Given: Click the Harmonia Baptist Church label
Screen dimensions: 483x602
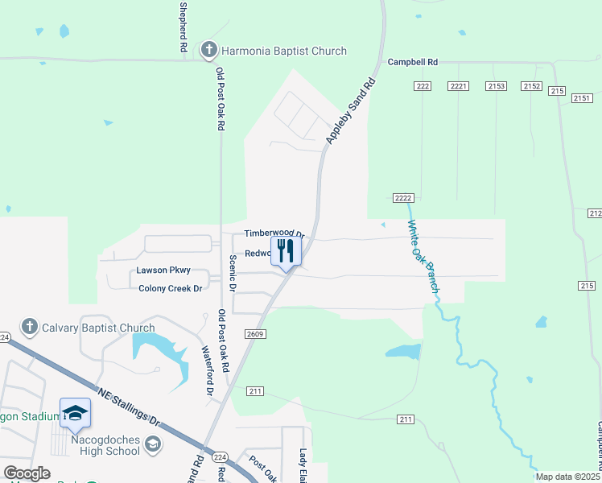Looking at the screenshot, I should pos(283,51).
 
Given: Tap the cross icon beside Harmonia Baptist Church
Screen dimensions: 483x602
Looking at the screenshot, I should pos(208,51).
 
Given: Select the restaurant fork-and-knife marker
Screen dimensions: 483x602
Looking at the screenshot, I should pos(286,251).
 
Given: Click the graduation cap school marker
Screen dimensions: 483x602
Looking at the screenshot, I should pos(75,413).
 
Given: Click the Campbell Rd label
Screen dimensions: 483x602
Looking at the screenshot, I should pos(412,61).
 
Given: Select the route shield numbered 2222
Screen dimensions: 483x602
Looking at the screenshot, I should pos(404,198).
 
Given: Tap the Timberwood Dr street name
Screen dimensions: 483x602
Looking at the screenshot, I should pos(274,234).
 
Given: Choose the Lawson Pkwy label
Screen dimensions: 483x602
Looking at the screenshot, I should pos(163,270).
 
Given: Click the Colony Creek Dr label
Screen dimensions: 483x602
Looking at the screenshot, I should pos(169,288).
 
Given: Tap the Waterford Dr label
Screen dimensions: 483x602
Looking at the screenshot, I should pos(208,371).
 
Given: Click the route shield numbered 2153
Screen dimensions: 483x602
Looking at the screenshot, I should pos(496,86).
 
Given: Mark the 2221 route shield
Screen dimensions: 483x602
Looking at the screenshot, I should pos(459,86).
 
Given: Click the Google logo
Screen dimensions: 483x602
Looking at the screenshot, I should pos(27,473).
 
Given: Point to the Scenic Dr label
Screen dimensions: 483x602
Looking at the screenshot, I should pos(233,272).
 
